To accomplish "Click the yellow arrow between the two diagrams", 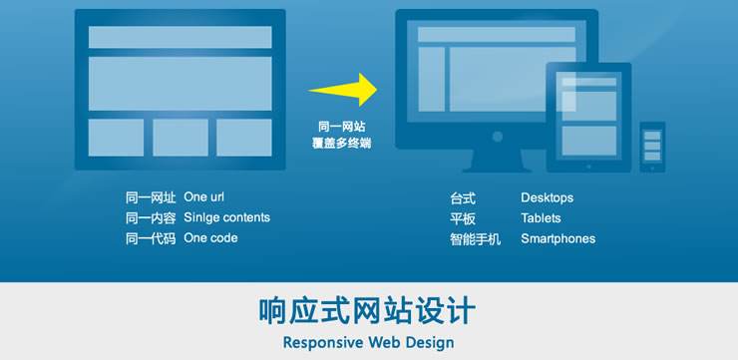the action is [x=344, y=89].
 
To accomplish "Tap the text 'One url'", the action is [x=203, y=196].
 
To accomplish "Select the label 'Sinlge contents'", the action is [x=226, y=217].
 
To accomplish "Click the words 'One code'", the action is [x=210, y=238].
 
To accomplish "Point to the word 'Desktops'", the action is [x=547, y=197].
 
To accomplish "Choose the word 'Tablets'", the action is [x=541, y=218].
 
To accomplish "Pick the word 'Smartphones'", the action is [x=557, y=238].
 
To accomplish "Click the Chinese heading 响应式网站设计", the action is [x=367, y=311].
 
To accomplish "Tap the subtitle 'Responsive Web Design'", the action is [x=369, y=342].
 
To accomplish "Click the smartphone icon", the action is [x=652, y=147].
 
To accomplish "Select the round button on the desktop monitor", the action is [x=497, y=137].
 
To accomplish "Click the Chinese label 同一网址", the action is [x=151, y=197].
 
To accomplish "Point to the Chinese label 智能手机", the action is [x=476, y=239].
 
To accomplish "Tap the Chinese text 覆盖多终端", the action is [x=342, y=143].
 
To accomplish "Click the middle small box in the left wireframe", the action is [x=181, y=138].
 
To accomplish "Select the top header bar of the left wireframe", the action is [x=181, y=37].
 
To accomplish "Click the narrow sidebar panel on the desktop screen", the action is [x=432, y=79].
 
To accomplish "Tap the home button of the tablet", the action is [x=588, y=166].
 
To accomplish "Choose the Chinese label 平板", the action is [x=463, y=218].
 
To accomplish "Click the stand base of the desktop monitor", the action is [x=498, y=168].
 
